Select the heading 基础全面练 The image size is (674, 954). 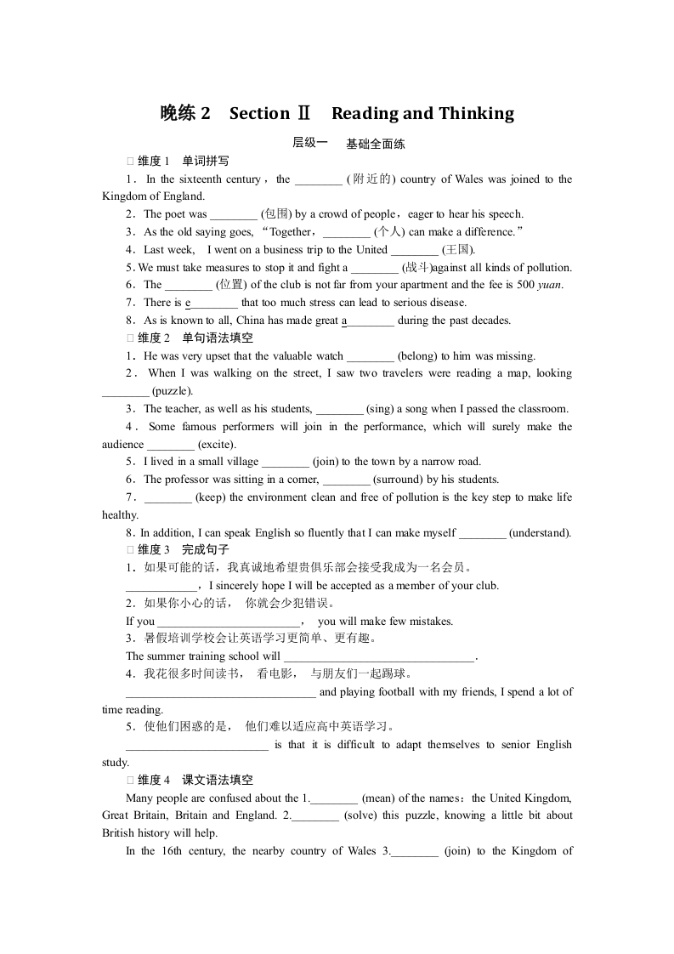(x=376, y=144)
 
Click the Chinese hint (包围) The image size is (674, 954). (x=276, y=214)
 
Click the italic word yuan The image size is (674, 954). (x=550, y=285)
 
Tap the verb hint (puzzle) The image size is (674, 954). (x=173, y=391)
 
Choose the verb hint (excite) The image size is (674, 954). (x=217, y=445)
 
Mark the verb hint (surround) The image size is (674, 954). (x=399, y=480)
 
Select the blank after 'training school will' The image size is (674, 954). (x=379, y=656)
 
